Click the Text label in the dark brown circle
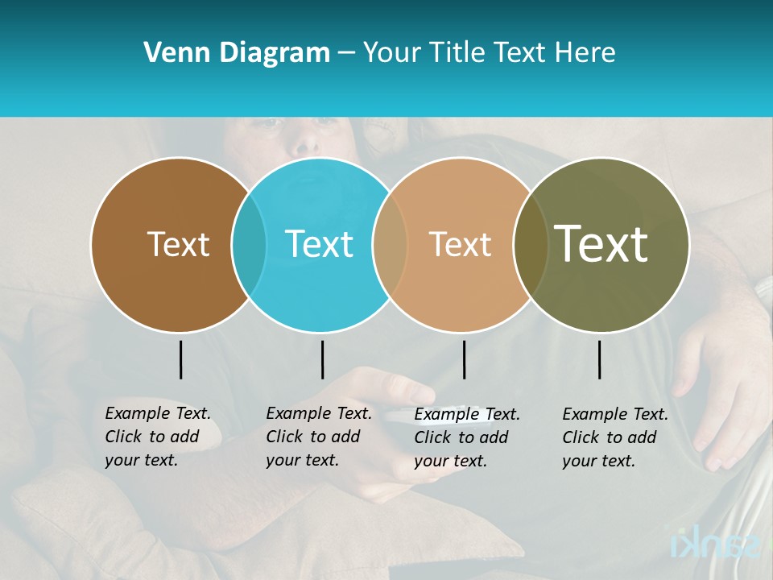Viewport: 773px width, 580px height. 178,244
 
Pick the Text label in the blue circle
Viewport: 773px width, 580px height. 320,244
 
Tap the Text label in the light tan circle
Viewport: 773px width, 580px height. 460,244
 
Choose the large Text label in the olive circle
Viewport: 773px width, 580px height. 601,243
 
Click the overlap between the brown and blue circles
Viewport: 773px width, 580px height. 249,244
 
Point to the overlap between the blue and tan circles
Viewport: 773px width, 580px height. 390,244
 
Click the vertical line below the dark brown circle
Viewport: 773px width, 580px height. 180,359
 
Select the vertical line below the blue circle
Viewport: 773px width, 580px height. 322,359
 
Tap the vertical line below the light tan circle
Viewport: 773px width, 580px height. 464,359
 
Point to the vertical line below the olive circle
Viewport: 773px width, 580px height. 599,359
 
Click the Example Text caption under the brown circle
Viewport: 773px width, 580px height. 157,437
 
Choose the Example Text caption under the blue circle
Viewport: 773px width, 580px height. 318,437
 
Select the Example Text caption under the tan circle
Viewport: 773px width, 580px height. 466,437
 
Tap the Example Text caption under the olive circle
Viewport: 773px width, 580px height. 614,437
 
